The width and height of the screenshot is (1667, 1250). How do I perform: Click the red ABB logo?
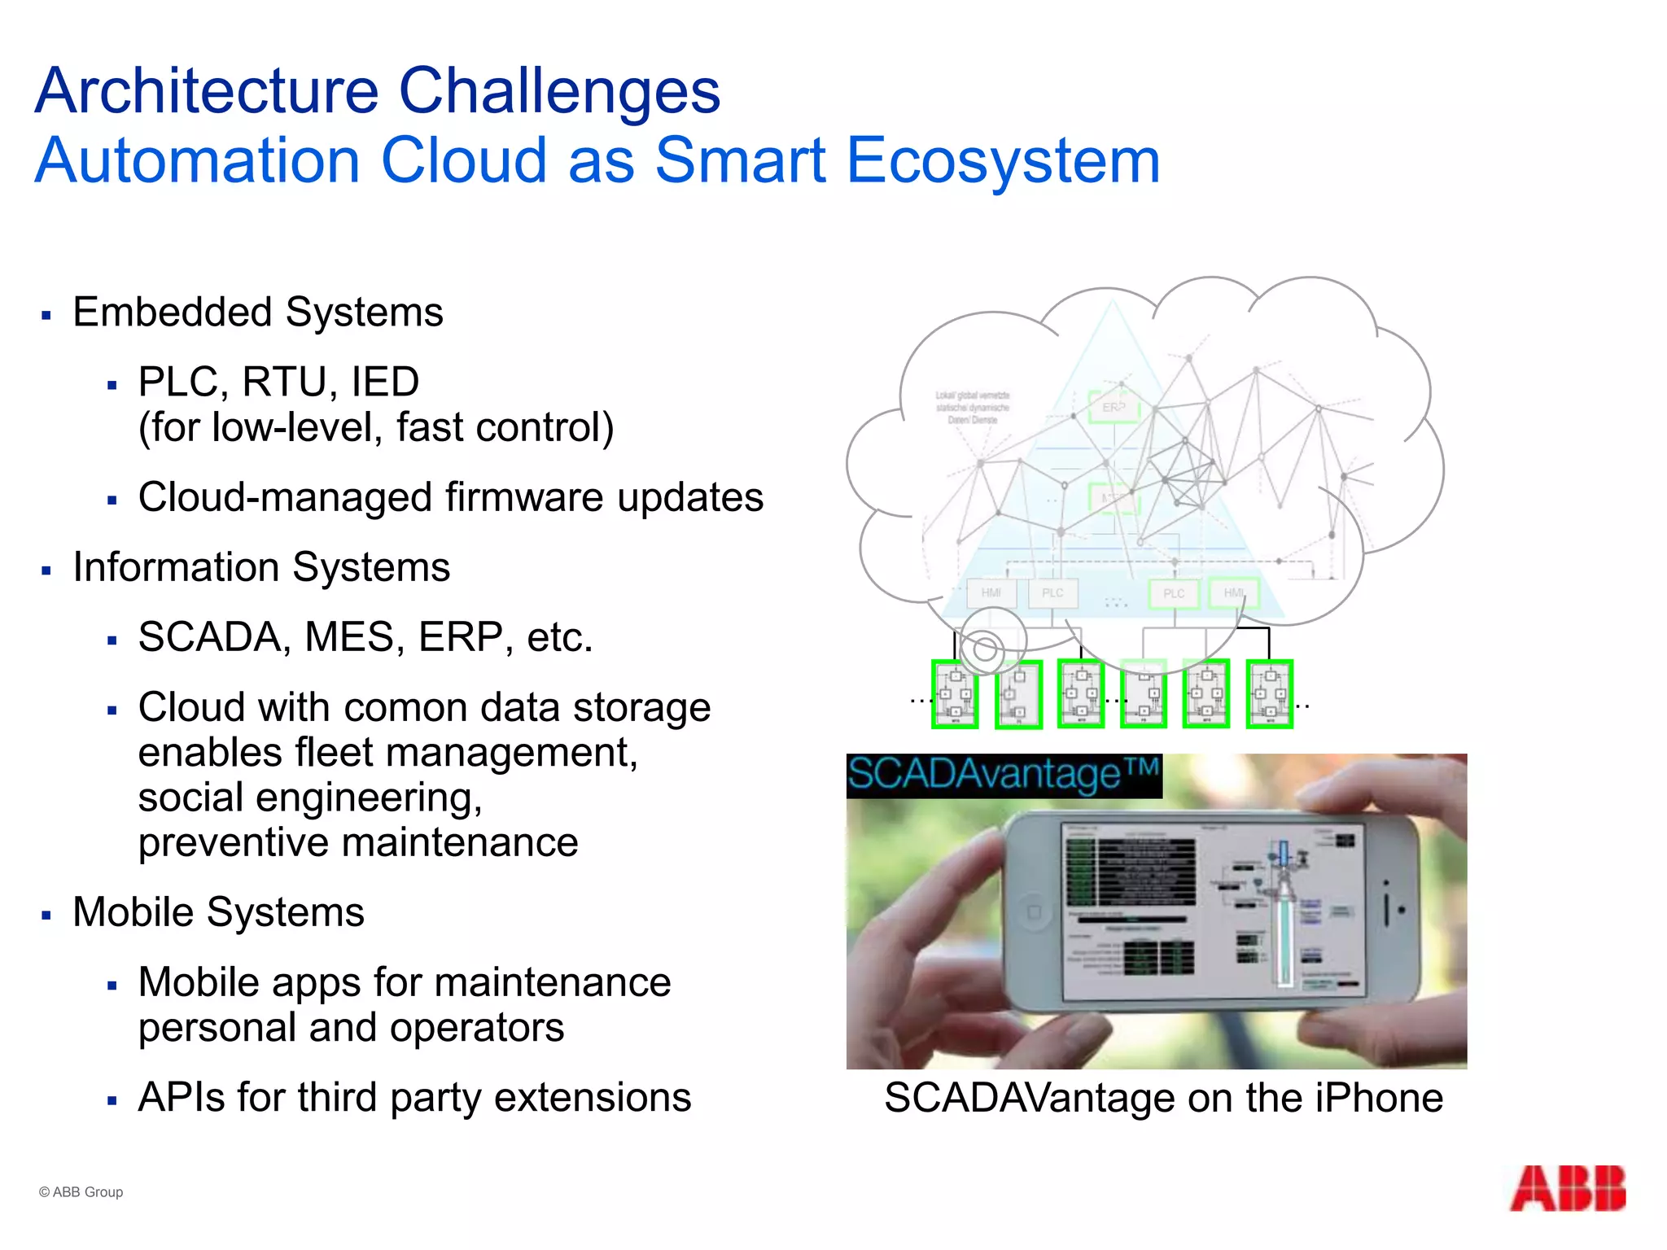click(x=1568, y=1189)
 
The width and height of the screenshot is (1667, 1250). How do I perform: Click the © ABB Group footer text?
click(x=81, y=1192)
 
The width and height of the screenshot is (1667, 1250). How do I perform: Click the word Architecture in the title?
click(x=207, y=90)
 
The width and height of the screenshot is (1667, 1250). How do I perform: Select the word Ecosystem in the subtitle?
click(x=1003, y=160)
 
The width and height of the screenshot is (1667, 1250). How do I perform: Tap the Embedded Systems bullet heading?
click(x=257, y=312)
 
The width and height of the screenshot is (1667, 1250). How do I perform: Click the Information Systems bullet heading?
click(x=260, y=567)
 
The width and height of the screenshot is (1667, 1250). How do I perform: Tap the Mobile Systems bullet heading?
click(x=218, y=912)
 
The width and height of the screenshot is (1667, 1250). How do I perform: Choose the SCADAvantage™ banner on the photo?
click(x=1003, y=775)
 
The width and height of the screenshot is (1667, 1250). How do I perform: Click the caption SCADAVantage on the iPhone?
click(x=1163, y=1098)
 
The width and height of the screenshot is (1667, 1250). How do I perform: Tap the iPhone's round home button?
click(x=1034, y=911)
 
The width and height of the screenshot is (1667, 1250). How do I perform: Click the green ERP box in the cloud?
click(x=1114, y=407)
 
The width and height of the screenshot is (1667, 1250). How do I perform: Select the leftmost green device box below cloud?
click(x=954, y=694)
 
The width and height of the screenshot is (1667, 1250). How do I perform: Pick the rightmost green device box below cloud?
click(x=1269, y=694)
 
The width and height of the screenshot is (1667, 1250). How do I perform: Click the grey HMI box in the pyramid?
click(x=991, y=593)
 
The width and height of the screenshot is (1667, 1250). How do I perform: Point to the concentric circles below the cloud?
click(x=985, y=649)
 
